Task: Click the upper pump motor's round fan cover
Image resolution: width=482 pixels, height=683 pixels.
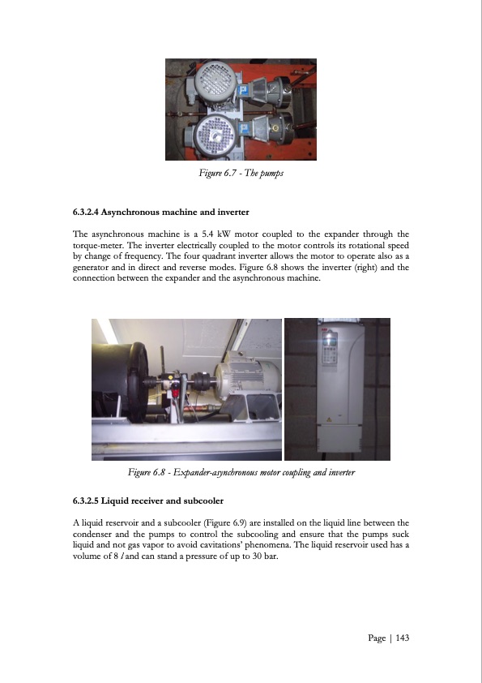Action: [x=208, y=82]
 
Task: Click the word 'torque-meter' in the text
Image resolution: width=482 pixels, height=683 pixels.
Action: [x=100, y=244]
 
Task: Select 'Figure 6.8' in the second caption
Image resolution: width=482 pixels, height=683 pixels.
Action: [x=148, y=471]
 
